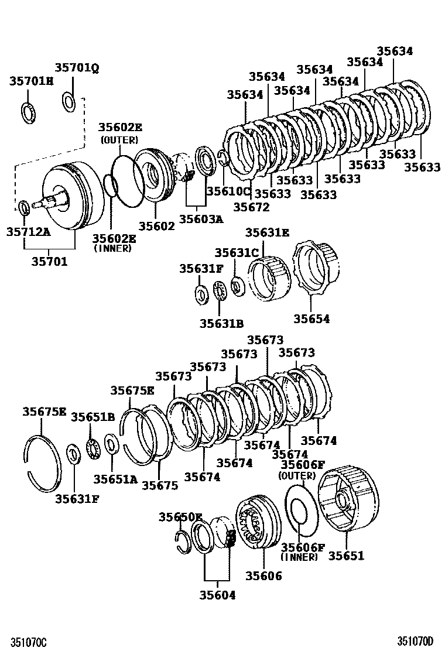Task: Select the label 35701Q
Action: click(x=77, y=68)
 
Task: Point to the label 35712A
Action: click(x=28, y=232)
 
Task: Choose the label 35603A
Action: click(x=201, y=219)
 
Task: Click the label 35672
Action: click(x=251, y=206)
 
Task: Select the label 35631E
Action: click(x=267, y=232)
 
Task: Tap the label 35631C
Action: click(x=236, y=252)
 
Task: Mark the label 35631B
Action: click(x=221, y=323)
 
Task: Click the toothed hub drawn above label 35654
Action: click(x=317, y=269)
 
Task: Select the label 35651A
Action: click(x=115, y=479)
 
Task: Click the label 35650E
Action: click(x=180, y=517)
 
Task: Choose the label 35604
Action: click(x=217, y=595)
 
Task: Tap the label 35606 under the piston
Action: click(x=261, y=576)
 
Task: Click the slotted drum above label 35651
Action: click(x=348, y=499)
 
